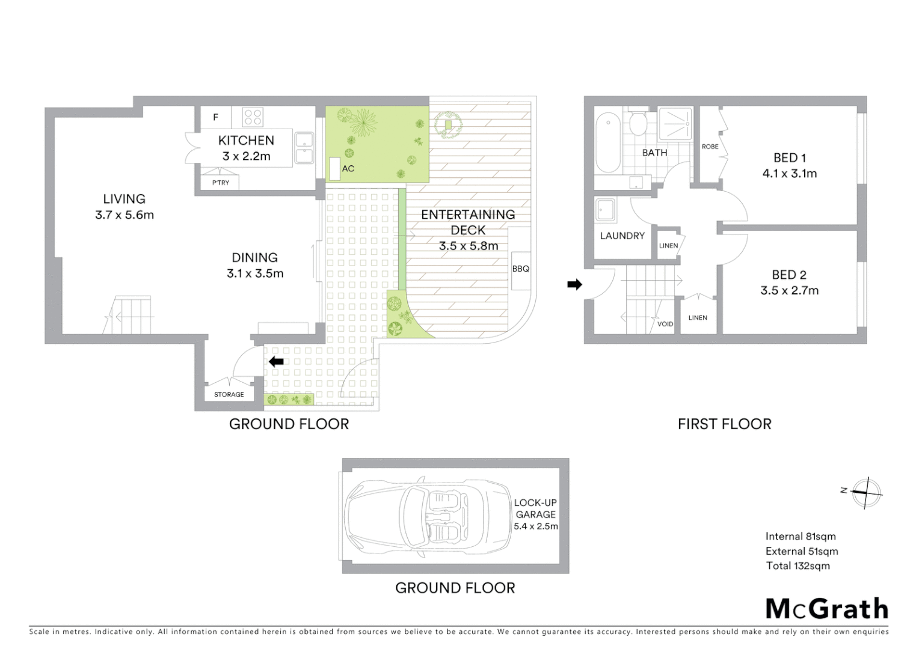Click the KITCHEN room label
point(246,141)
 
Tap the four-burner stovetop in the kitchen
point(253,117)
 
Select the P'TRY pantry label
point(220,183)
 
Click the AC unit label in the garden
point(348,169)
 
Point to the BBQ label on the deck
point(520,269)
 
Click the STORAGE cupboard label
point(229,395)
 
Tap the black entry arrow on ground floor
point(276,361)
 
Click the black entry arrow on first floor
point(575,284)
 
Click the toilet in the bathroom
point(638,124)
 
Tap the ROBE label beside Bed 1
point(710,147)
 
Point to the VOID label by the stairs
point(665,324)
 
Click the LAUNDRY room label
point(622,236)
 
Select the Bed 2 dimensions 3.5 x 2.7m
point(789,291)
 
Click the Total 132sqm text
point(798,565)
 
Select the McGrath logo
point(826,609)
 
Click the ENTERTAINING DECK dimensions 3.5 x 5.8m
point(468,246)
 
